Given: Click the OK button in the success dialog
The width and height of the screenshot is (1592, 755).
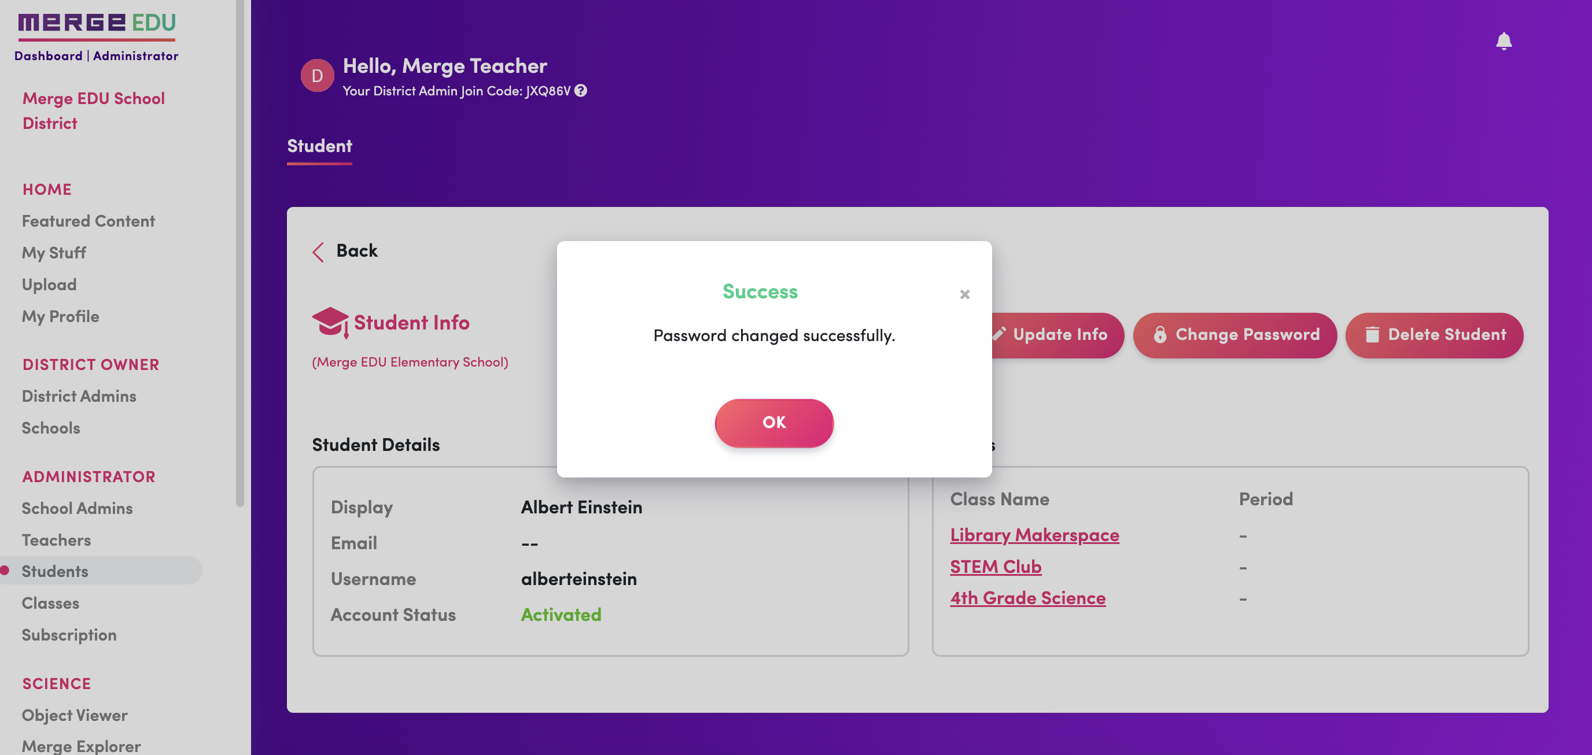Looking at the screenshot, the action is [x=774, y=423].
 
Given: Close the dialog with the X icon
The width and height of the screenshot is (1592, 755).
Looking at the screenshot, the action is [x=964, y=294].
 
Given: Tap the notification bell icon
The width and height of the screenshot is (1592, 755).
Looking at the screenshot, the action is [x=1503, y=42].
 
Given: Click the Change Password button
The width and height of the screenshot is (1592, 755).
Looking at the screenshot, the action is [x=1235, y=335].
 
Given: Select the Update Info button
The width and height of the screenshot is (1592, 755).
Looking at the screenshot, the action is [x=1057, y=335].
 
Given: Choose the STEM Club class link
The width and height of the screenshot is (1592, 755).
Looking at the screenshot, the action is [x=995, y=566].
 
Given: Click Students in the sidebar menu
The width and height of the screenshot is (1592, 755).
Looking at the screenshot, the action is [x=55, y=571].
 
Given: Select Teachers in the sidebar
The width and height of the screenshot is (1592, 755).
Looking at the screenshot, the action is [x=56, y=539].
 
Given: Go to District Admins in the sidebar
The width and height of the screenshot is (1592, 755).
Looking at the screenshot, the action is [x=79, y=395].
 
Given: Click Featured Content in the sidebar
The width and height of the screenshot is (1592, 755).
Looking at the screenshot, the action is [x=89, y=221].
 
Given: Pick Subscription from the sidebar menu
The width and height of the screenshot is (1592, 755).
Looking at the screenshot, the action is [x=69, y=635].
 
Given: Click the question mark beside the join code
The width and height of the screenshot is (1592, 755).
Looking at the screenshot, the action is [x=580, y=91].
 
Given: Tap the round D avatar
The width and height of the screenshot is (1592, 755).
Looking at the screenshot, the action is [x=317, y=75].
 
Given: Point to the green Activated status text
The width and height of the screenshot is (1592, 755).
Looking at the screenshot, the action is [x=561, y=614].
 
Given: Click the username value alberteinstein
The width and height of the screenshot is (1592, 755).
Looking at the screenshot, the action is [x=578, y=578].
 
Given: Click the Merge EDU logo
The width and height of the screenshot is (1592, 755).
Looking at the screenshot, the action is [x=97, y=24].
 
